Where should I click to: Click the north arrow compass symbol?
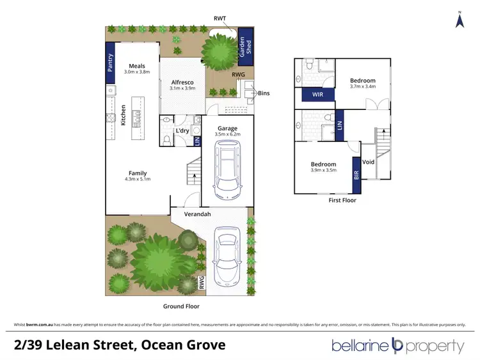(x=459, y=20)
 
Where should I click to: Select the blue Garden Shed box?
(x=245, y=46)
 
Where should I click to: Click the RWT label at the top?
(x=220, y=19)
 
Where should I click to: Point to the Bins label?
(x=264, y=93)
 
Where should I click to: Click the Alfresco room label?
(x=182, y=82)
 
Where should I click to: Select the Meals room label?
(x=137, y=66)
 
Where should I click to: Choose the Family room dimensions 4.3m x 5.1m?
(x=138, y=180)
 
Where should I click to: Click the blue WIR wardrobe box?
(x=317, y=94)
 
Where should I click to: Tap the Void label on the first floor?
(x=368, y=162)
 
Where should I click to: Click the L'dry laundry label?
(x=182, y=131)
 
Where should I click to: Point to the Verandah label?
(x=197, y=214)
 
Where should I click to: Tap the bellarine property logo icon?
(x=397, y=346)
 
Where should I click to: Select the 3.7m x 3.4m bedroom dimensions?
(x=362, y=85)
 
